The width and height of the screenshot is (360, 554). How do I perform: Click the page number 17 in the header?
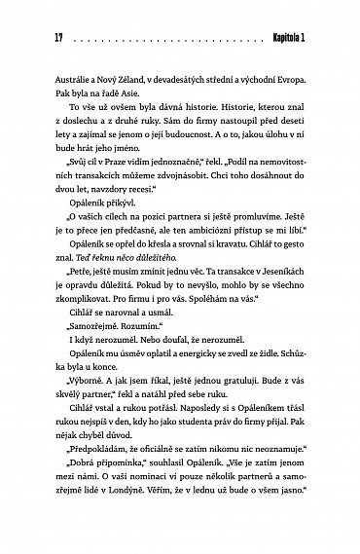(x=45, y=37)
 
